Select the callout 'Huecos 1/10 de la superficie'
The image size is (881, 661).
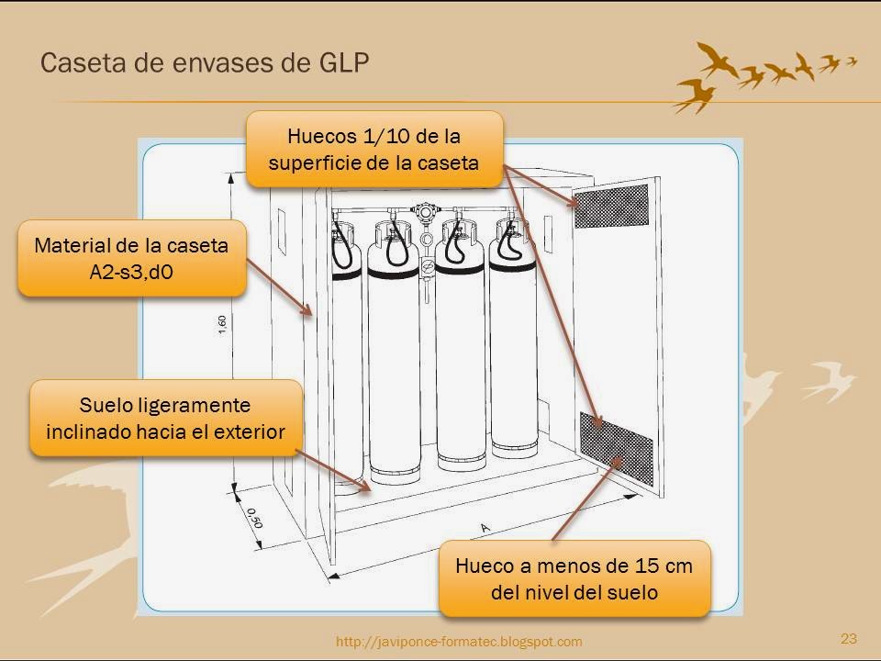[374, 149]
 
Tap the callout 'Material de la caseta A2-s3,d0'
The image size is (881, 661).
[132, 258]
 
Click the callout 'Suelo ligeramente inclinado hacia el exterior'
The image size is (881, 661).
[166, 418]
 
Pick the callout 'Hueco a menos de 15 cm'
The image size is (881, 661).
[574, 578]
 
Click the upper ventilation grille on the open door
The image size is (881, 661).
[611, 207]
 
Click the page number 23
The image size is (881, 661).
[848, 638]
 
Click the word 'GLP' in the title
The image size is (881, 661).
[343, 62]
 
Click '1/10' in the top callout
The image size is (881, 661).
[377, 137]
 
